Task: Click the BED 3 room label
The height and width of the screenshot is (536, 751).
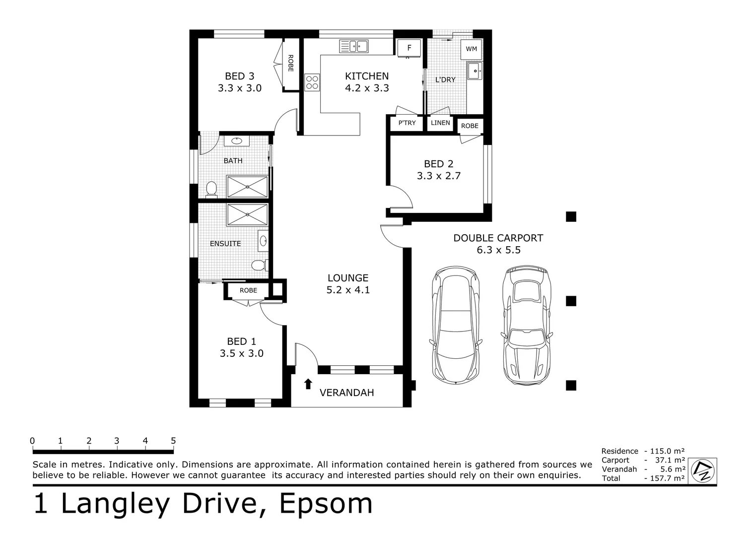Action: pyautogui.click(x=239, y=76)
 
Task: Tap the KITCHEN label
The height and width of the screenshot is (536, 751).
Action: pyautogui.click(x=367, y=76)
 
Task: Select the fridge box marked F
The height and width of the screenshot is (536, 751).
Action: pyautogui.click(x=410, y=48)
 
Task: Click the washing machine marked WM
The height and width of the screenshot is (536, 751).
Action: pyautogui.click(x=471, y=49)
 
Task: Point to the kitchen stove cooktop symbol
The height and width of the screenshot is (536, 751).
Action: pyautogui.click(x=312, y=82)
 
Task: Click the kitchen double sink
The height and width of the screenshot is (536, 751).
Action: pyautogui.click(x=354, y=47)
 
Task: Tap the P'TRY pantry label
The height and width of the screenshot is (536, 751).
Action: pyautogui.click(x=407, y=123)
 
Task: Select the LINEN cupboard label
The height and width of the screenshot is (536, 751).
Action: pyautogui.click(x=440, y=123)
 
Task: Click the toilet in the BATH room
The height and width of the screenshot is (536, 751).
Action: pyautogui.click(x=211, y=190)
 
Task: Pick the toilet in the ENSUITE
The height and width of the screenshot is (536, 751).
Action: pyautogui.click(x=258, y=266)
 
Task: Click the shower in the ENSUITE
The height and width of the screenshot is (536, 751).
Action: pyautogui.click(x=247, y=214)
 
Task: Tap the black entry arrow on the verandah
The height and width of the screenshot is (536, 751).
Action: pyautogui.click(x=308, y=383)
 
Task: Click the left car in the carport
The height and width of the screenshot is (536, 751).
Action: pyautogui.click(x=456, y=326)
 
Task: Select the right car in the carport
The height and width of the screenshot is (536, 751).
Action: pyautogui.click(x=526, y=326)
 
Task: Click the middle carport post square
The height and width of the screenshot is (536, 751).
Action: pyautogui.click(x=571, y=301)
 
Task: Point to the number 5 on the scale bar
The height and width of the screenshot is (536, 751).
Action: pyautogui.click(x=173, y=441)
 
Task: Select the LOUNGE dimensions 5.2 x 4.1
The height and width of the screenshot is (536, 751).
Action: pyautogui.click(x=348, y=290)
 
